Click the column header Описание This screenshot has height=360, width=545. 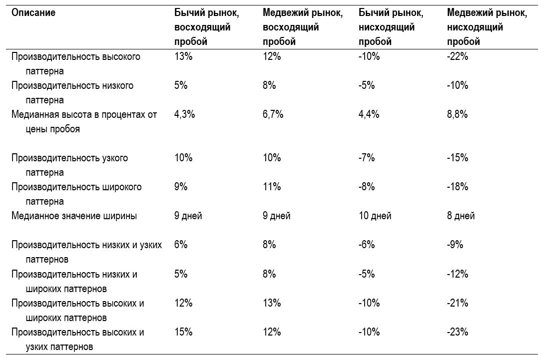pyautogui.click(x=33, y=13)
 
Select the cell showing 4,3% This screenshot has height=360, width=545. pyautogui.click(x=184, y=114)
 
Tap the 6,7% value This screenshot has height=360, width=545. pyautogui.click(x=273, y=114)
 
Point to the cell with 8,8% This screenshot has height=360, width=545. pyautogui.click(x=458, y=114)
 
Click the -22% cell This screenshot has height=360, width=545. pyautogui.click(x=458, y=56)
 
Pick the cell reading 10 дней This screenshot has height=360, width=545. pyautogui.click(x=375, y=216)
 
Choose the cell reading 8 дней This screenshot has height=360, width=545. pyautogui.click(x=461, y=216)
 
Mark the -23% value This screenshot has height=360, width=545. pyautogui.click(x=458, y=332)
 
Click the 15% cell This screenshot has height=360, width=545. pyautogui.click(x=183, y=332)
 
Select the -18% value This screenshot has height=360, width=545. pyautogui.click(x=458, y=187)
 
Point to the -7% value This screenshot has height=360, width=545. pyautogui.click(x=367, y=158)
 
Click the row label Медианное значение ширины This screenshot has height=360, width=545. pyautogui.click(x=74, y=216)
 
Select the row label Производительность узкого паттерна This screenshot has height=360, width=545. pyautogui.click(x=69, y=165)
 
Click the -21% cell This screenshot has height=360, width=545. pyautogui.click(x=458, y=303)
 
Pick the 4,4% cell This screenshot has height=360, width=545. pyautogui.click(x=369, y=114)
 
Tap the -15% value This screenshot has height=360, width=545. pyautogui.click(x=458, y=158)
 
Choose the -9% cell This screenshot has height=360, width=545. pyautogui.click(x=455, y=245)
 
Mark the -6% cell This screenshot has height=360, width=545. pyautogui.click(x=367, y=245)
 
